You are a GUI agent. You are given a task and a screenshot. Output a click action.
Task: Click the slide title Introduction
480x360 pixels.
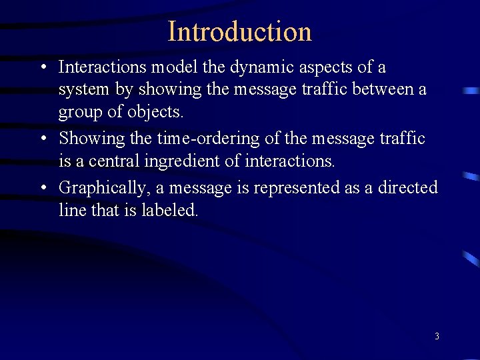[240, 31]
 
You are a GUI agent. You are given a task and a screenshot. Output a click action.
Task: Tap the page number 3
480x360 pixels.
[437, 336]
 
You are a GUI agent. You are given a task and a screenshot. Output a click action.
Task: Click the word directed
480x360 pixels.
[408, 188]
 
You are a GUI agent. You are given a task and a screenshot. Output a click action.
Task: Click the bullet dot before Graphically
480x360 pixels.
[42, 189]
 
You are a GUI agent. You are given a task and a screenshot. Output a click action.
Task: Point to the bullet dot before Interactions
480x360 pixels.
[42, 67]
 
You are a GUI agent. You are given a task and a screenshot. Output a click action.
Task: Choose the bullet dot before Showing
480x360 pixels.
[42, 139]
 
